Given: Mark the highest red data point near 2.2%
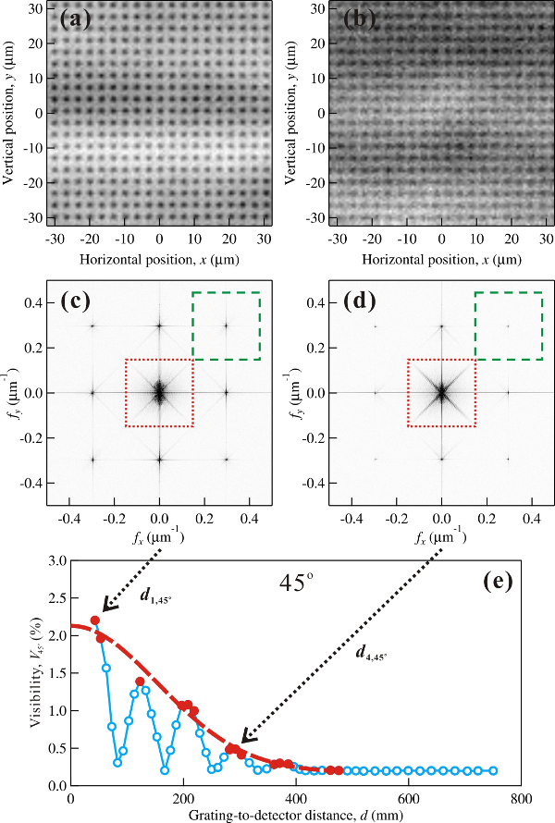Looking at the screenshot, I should (94, 620).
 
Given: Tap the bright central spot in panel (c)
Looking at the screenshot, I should (159, 392).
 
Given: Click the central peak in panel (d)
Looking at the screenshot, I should (441, 392).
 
